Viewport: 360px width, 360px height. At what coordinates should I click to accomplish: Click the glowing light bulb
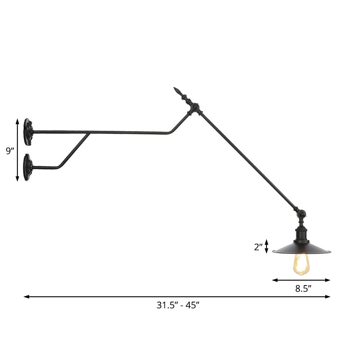(301, 264)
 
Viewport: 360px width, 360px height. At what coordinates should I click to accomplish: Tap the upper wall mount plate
(28, 132)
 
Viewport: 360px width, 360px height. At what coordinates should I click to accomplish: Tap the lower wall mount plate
(27, 167)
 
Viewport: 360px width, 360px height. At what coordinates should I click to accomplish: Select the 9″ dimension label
(10, 151)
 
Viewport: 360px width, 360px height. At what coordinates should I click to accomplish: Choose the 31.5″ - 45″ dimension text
(178, 305)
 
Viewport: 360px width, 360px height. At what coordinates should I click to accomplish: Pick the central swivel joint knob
(194, 107)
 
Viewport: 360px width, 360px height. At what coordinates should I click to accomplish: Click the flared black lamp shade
(301, 248)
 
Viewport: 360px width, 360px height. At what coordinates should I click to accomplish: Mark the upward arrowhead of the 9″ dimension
(17, 121)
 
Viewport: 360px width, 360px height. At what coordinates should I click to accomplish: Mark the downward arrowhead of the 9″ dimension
(17, 179)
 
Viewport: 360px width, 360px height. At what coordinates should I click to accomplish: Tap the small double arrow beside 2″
(267, 246)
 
